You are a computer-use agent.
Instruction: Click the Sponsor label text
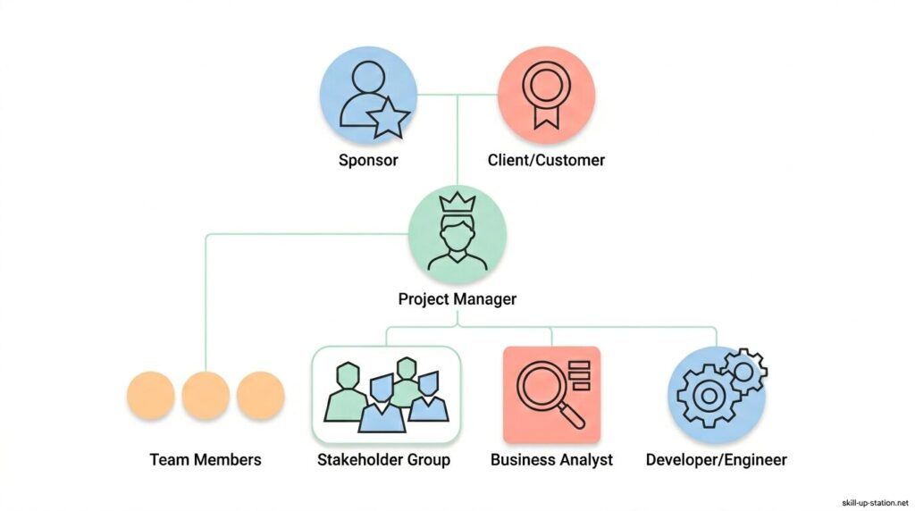coord(368,161)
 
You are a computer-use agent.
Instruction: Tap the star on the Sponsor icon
coord(390,118)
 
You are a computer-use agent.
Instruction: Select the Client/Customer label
coord(546,161)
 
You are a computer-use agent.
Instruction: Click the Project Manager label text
coord(457,299)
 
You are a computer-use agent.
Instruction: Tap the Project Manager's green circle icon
coord(457,237)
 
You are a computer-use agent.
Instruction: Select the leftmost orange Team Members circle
coord(150,396)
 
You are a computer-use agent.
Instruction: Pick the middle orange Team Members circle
coord(206,396)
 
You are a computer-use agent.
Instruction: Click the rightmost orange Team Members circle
coord(261,396)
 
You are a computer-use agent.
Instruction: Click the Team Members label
coord(206,460)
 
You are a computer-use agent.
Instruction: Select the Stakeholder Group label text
coord(384,460)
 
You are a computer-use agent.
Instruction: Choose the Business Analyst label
coord(551,460)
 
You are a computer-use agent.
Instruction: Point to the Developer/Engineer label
coord(717,460)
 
